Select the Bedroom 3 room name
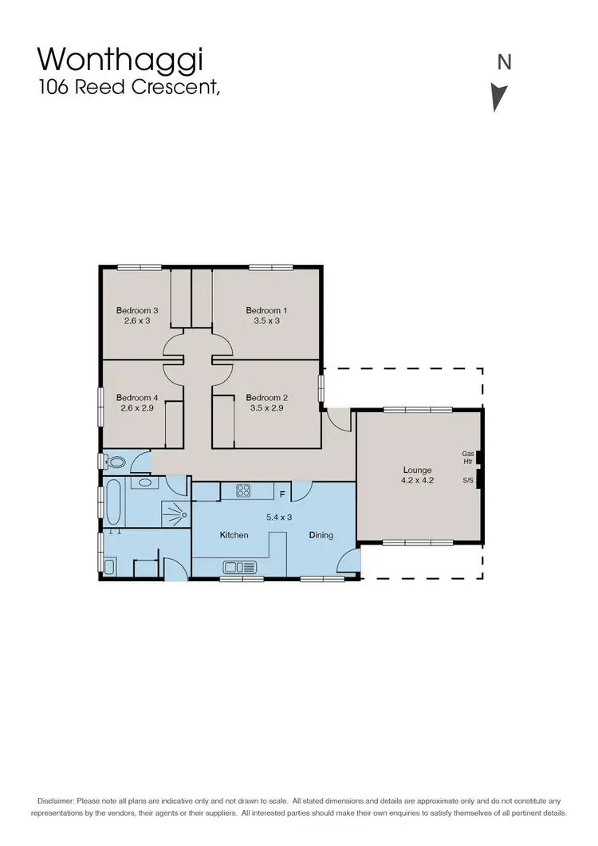click(137, 310)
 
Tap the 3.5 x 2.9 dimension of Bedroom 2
click(266, 407)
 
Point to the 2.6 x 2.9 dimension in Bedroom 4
click(137, 407)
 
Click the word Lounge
click(417, 470)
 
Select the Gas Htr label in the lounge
click(468, 458)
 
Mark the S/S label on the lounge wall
click(468, 481)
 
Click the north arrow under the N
click(499, 98)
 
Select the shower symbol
click(175, 512)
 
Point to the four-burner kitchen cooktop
click(244, 490)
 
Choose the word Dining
click(321, 535)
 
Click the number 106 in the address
click(53, 87)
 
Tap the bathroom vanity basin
click(146, 483)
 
